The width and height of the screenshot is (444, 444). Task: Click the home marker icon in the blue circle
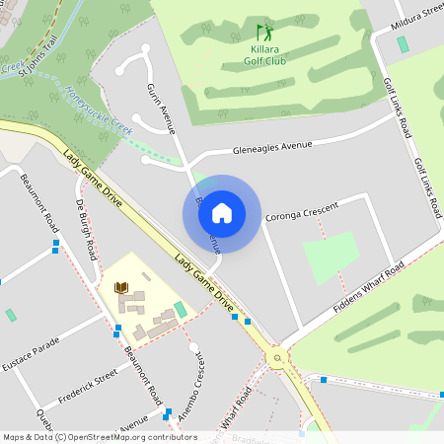222,213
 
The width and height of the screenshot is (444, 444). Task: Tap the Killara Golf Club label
263,53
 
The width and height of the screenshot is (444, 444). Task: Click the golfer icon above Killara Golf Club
263,33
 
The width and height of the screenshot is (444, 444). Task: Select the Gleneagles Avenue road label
271,148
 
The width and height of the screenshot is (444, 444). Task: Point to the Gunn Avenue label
161,109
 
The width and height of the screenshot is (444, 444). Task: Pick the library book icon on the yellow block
122,287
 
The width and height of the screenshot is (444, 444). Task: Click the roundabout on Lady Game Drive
277,358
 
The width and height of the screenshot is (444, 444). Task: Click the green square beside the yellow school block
180,310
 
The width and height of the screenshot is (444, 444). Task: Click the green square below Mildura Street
403,44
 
